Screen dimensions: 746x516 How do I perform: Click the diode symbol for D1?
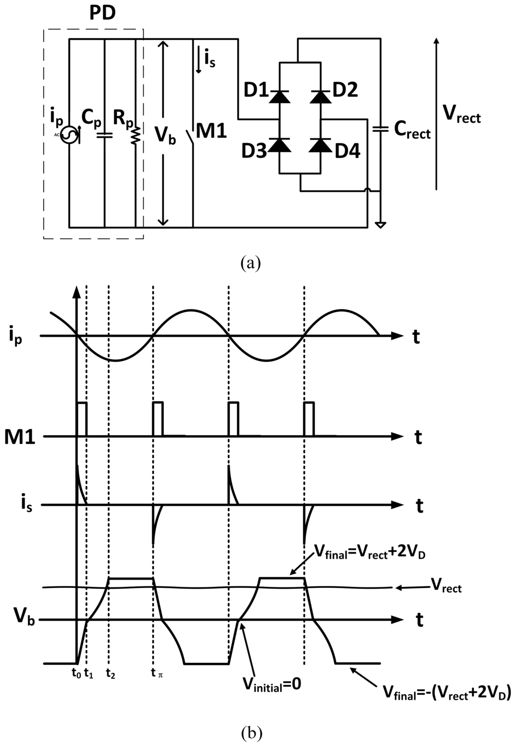tap(279, 96)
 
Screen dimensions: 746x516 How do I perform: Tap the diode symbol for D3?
tap(279, 145)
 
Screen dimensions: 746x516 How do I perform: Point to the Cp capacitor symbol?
tap(104, 134)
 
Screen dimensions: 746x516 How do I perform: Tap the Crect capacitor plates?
tap(380, 129)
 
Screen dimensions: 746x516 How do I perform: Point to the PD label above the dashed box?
tap(103, 14)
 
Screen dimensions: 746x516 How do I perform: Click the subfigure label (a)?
tap(250, 263)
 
